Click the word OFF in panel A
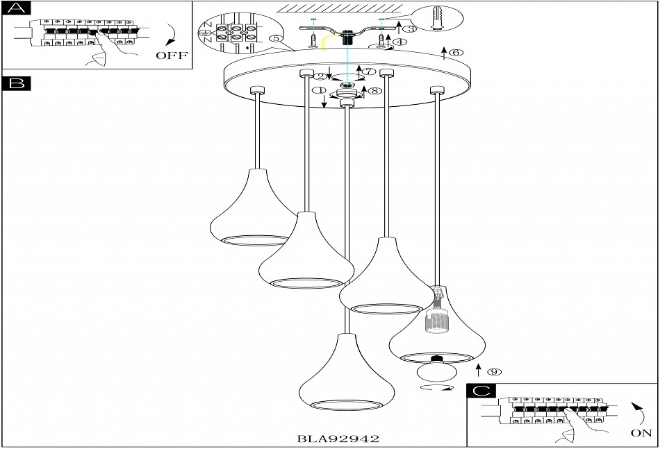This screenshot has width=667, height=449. (172, 56)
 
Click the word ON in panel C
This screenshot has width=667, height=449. (641, 433)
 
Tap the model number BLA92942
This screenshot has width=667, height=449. (338, 439)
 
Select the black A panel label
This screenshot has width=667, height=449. (17, 8)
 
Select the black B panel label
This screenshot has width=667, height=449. (17, 83)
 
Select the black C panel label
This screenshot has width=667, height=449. (481, 391)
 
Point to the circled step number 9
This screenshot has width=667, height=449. (494, 372)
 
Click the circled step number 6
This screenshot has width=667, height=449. (456, 53)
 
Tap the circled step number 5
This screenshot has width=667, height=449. (276, 39)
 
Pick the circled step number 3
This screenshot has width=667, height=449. (410, 29)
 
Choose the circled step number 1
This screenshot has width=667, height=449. (319, 90)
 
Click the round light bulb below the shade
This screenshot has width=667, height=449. (436, 370)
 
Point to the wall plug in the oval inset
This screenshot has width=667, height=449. (438, 19)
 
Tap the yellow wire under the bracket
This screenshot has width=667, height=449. (327, 43)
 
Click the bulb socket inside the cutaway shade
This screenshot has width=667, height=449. (435, 319)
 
